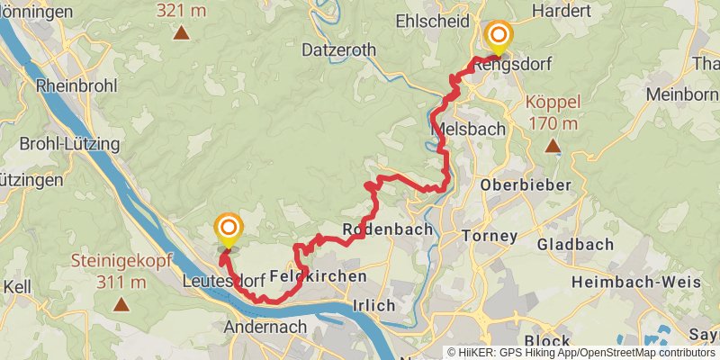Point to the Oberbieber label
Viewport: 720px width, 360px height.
coord(526,184)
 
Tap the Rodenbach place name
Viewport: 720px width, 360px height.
coord(388,229)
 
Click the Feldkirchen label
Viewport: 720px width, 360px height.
coord(318,276)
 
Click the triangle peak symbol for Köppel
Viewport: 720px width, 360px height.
coord(552,145)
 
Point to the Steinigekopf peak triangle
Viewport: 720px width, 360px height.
coord(120,304)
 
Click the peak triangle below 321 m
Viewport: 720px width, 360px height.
coord(181,34)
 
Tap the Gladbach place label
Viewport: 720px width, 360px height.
coord(575,244)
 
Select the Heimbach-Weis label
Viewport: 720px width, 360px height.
coord(643,282)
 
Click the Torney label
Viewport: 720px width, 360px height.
coord(489,236)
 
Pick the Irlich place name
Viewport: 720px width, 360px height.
coord(373,306)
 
